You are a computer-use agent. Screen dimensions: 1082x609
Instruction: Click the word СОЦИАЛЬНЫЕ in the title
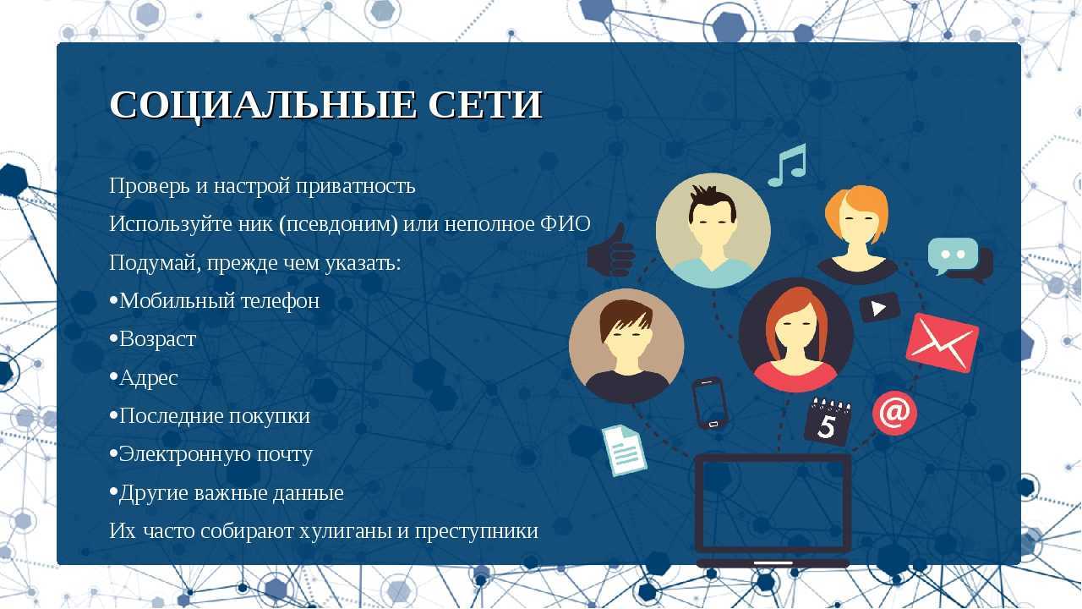tap(263, 105)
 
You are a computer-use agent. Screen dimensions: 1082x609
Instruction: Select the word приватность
tap(356, 186)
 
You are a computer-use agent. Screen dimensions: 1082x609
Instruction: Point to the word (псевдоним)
tap(338, 225)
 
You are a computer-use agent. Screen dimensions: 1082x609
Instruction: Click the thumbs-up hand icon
tap(611, 251)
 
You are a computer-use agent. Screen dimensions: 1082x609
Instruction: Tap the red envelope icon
tap(942, 343)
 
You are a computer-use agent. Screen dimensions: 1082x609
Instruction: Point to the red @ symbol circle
tap(894, 414)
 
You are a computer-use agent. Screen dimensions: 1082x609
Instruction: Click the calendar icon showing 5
tap(828, 421)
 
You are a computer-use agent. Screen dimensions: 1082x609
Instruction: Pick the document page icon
tap(624, 451)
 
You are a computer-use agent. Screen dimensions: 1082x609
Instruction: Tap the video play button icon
tap(879, 307)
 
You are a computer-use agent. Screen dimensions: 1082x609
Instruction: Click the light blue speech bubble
tap(953, 255)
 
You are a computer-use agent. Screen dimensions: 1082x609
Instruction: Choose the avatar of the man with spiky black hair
tap(713, 231)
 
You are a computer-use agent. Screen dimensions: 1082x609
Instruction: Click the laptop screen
tap(773, 503)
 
